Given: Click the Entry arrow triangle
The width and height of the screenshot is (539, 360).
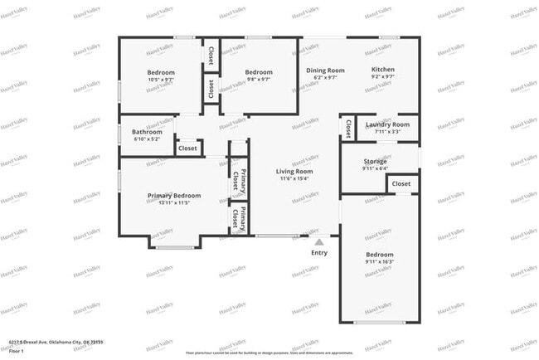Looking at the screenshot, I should pyautogui.click(x=318, y=241).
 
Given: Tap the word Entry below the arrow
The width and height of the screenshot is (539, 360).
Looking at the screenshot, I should pyautogui.click(x=318, y=253).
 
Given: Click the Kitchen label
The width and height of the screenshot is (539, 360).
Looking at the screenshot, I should pyautogui.click(x=382, y=70).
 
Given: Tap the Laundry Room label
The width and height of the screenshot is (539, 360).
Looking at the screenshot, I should pyautogui.click(x=388, y=124).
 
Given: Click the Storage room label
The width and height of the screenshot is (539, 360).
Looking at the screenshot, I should pyautogui.click(x=381, y=161).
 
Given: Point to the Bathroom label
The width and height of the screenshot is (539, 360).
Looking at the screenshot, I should pyautogui.click(x=147, y=132).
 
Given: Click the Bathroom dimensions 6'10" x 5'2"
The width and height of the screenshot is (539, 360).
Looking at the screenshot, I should pyautogui.click(x=147, y=139).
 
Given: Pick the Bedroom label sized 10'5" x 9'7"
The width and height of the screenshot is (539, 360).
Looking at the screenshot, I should pyautogui.click(x=161, y=72).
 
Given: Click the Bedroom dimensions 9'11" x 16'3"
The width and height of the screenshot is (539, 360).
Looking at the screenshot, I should pyautogui.click(x=380, y=261).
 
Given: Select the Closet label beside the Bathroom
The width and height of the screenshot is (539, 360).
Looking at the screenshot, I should pyautogui.click(x=188, y=148).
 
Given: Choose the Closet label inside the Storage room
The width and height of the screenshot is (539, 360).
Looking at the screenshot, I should pyautogui.click(x=401, y=183).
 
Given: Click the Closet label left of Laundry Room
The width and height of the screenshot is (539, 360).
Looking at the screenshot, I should pyautogui.click(x=346, y=128).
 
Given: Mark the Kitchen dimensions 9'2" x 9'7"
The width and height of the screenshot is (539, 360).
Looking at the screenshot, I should pyautogui.click(x=382, y=77).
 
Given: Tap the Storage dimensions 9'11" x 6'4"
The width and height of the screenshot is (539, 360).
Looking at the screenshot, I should pyautogui.click(x=381, y=168).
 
